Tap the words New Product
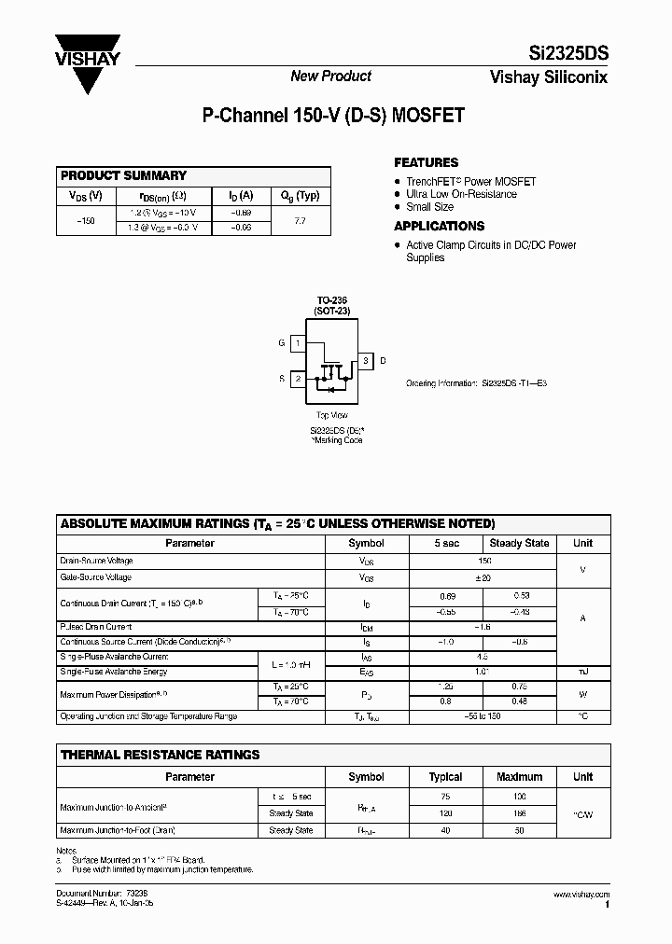330,76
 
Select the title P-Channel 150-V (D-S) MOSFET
333,118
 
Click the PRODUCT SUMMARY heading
123,175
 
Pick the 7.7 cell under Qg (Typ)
300,220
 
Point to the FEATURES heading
426,162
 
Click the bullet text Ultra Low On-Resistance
461,194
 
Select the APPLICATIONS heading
439,226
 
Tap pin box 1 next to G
297,343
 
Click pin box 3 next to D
367,360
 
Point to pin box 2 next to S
297,379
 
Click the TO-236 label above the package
330,300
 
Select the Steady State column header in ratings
519,543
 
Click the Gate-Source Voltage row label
97,578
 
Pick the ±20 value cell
483,578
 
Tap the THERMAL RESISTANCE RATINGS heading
160,755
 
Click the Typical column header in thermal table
445,776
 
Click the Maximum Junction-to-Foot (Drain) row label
118,830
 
